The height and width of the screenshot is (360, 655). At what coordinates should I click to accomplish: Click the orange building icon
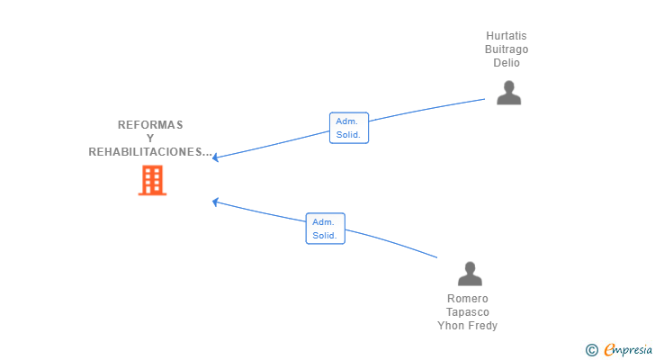(x=152, y=180)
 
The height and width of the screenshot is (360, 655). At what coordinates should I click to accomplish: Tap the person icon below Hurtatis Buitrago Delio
(x=509, y=93)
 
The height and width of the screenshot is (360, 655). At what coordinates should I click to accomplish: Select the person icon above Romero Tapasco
(x=470, y=274)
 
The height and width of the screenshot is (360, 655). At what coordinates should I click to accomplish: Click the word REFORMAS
(x=150, y=125)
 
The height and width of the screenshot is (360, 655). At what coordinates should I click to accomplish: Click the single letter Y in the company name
(x=150, y=139)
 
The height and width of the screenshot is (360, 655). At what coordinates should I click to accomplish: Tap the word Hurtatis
(x=507, y=36)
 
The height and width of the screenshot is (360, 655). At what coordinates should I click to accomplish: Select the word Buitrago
(x=507, y=49)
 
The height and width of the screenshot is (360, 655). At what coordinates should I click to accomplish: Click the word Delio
(x=507, y=63)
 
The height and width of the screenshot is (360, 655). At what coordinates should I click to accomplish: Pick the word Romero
(x=468, y=299)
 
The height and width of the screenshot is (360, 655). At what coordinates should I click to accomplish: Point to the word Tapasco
(x=468, y=312)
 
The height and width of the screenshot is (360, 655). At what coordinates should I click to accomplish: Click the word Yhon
(x=450, y=325)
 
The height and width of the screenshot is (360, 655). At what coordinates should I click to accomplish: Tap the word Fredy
(x=482, y=325)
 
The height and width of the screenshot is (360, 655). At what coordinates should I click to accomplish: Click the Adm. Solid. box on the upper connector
(x=349, y=128)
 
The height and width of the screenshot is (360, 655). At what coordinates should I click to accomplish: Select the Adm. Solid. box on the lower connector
(x=326, y=229)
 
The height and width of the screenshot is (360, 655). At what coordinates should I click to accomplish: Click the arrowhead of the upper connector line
(x=215, y=157)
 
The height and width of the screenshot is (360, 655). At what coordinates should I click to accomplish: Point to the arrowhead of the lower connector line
(x=215, y=202)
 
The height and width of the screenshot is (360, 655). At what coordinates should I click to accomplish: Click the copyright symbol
(x=591, y=350)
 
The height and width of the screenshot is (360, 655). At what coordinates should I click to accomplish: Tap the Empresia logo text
(x=628, y=350)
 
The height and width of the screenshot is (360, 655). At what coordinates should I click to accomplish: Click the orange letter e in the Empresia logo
(x=609, y=349)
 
